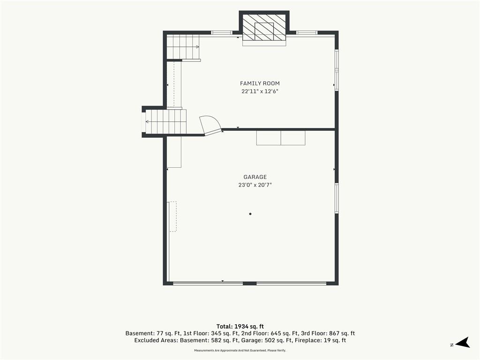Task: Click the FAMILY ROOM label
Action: [260, 83]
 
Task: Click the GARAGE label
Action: [255, 177]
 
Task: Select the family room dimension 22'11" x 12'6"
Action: [260, 91]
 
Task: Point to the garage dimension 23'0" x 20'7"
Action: [255, 185]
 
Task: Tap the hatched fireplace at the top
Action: [264, 27]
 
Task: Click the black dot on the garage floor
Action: [250, 214]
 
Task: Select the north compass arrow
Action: [462, 343]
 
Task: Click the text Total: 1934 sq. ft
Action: [240, 326]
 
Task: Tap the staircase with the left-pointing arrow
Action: [165, 121]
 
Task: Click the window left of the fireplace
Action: [222, 32]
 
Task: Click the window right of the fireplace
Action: [307, 32]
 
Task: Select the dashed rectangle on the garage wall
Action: [173, 217]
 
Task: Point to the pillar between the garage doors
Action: [249, 284]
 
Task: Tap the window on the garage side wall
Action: [337, 198]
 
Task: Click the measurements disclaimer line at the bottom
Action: [240, 350]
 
